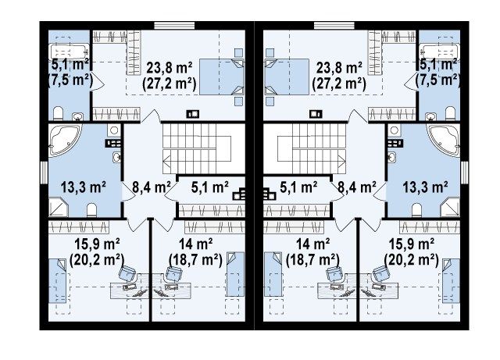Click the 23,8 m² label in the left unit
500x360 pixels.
pyautogui.click(x=170, y=68)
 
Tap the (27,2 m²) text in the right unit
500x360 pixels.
pyautogui.click(x=339, y=84)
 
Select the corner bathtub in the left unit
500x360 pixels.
pyautogui.click(x=65, y=140)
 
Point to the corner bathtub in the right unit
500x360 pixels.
pyautogui.click(x=444, y=140)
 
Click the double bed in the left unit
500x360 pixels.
pyautogui.click(x=222, y=77)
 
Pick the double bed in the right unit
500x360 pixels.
pyautogui.click(x=287, y=77)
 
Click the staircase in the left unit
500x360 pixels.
pyautogui.click(x=197, y=148)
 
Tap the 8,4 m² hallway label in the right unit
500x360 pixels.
pyautogui.click(x=357, y=187)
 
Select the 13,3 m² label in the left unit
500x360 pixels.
pyautogui.click(x=84, y=187)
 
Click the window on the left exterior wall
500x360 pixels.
pyautogui.click(x=44, y=173)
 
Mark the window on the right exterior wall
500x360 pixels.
pyautogui.click(x=465, y=173)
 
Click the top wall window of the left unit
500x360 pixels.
pyautogui.click(x=174, y=26)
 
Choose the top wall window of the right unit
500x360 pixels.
pyautogui.click(x=334, y=26)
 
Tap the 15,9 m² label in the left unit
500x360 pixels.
pyautogui.click(x=97, y=244)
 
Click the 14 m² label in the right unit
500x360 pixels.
pyautogui.click(x=312, y=244)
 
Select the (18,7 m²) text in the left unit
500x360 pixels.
pyautogui.click(x=195, y=259)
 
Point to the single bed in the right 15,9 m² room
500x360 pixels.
pyautogui.click(x=451, y=280)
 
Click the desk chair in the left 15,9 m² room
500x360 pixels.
pyautogui.click(x=127, y=273)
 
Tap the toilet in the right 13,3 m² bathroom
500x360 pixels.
pyautogui.click(x=416, y=210)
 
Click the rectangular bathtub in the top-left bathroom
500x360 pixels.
pyautogui.click(x=70, y=52)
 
